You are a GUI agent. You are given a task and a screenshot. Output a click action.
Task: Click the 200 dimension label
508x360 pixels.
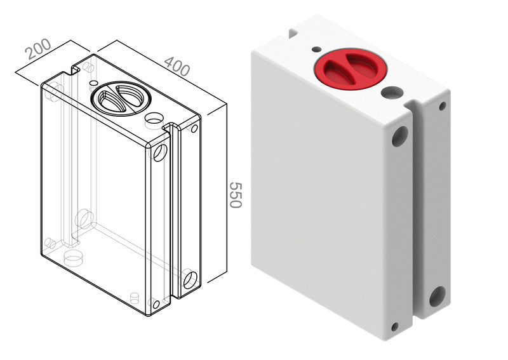pos(38,49)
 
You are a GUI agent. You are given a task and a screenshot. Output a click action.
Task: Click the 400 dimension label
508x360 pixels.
pos(177,66)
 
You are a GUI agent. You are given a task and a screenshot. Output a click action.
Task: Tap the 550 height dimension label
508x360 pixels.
pos(236,195)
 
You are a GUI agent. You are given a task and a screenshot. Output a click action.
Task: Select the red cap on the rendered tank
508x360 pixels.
pos(351,69)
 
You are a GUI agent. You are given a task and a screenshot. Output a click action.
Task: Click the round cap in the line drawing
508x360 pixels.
pos(121,98)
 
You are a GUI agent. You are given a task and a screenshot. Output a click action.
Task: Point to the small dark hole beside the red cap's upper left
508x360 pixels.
pos(316,50)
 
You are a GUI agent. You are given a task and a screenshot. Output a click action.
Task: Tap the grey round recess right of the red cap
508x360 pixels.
pos(392,92)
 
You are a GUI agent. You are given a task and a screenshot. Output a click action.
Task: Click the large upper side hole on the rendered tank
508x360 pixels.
pos(400,137)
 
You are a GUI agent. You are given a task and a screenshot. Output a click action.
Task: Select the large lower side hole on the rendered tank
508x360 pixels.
pos(438,297)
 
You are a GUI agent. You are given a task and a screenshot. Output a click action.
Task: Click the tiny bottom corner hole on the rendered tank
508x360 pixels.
pos(394,326)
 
